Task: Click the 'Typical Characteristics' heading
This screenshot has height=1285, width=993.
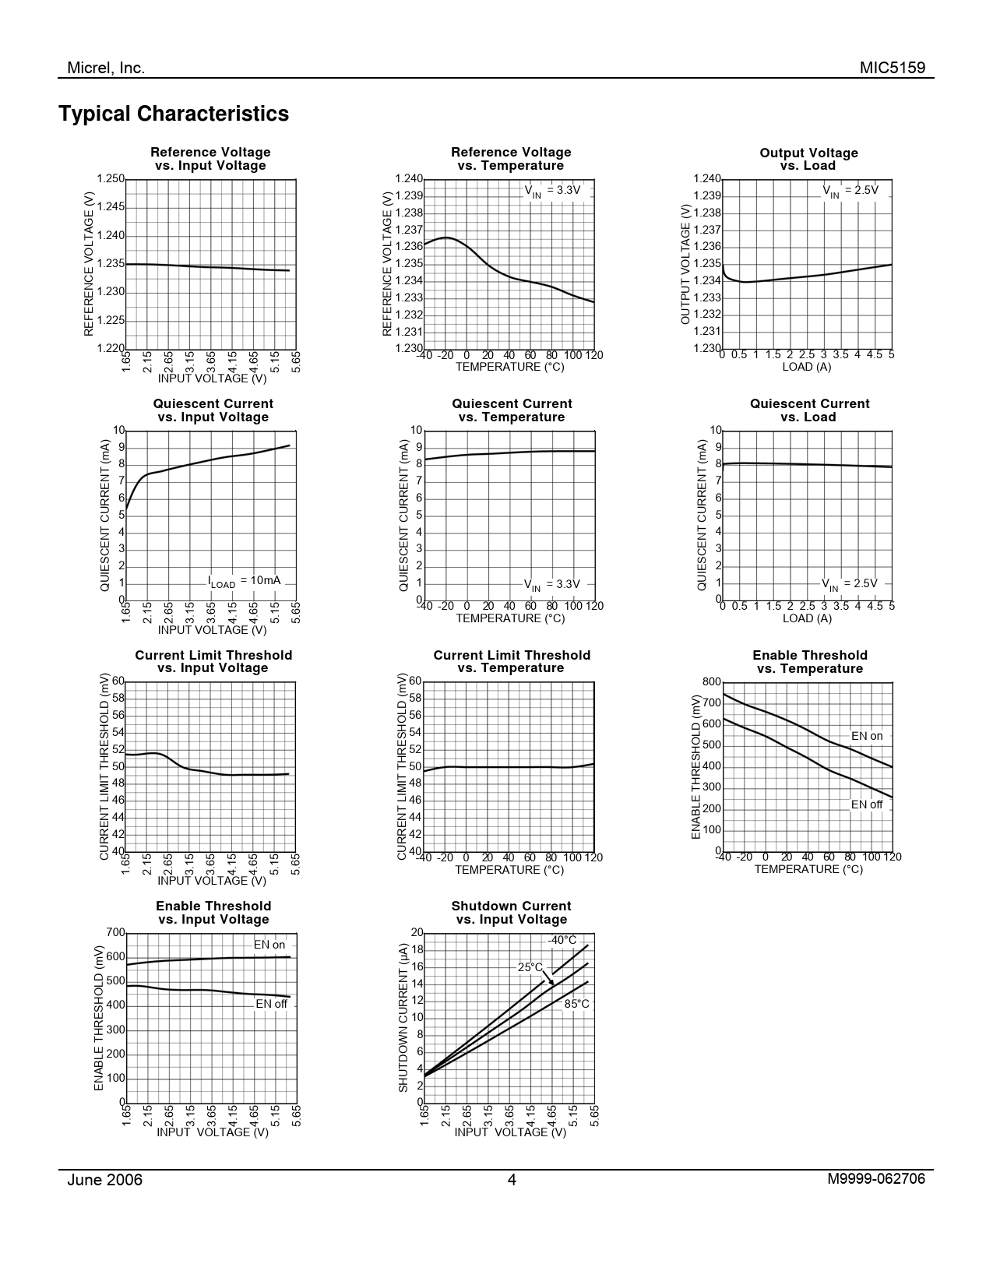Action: coord(174,114)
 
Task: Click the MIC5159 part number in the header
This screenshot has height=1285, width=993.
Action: coord(893,68)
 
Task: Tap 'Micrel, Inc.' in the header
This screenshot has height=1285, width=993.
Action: coord(106,68)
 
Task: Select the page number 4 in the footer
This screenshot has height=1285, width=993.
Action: coord(512,1180)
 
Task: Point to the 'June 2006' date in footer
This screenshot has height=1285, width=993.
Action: coord(105,1180)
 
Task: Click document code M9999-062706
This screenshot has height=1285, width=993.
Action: coord(876,1179)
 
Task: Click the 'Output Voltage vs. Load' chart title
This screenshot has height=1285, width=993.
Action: coord(808,159)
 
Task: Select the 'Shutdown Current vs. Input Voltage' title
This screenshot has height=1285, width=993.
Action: coord(511,913)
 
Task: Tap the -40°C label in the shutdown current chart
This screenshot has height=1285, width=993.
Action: coord(562,940)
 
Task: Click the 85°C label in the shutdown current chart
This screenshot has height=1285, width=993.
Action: coord(576,1004)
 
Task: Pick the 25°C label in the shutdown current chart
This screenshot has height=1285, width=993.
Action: coord(530,967)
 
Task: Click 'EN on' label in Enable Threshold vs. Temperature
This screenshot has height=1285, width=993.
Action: coord(867,736)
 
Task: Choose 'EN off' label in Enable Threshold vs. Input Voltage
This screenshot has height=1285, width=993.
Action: coord(271,1004)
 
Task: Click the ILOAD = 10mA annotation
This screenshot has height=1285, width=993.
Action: coord(244,581)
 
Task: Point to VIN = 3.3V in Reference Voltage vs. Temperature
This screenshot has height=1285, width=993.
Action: coord(552,190)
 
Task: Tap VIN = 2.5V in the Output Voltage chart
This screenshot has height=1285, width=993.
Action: coord(850,190)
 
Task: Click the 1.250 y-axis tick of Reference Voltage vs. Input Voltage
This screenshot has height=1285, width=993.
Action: coord(111,179)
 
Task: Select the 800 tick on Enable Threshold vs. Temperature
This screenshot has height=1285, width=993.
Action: coord(711,682)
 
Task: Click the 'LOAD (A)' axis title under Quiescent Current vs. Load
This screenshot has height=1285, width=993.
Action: coord(807,618)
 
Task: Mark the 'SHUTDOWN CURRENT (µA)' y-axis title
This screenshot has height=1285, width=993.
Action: coord(403,1017)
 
